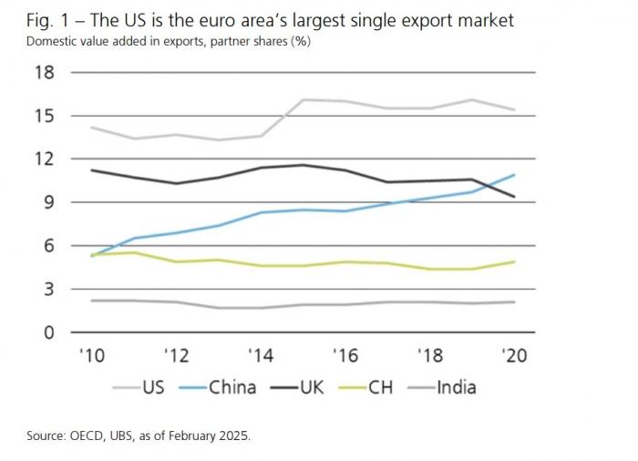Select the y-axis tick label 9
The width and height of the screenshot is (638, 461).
click(x=47, y=202)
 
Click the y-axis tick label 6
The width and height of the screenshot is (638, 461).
click(x=47, y=246)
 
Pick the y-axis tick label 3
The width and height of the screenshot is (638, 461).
click(x=47, y=289)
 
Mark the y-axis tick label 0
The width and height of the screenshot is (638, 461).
click(x=47, y=333)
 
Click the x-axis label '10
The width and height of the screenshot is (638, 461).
click(x=91, y=356)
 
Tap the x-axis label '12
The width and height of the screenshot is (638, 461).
click(x=176, y=356)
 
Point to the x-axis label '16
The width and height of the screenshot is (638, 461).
click(x=345, y=356)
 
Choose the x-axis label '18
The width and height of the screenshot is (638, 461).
click(x=429, y=356)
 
